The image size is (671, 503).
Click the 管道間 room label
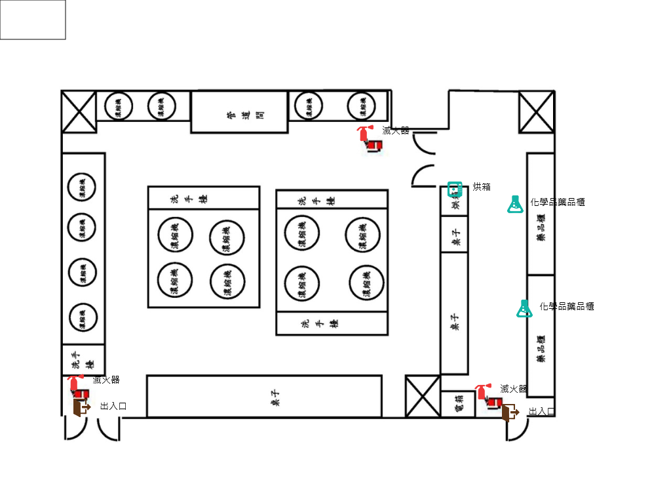tap(239, 112)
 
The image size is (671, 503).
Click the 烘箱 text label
tap(482, 187)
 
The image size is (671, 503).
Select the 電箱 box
tap(459, 404)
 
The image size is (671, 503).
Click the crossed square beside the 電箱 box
tap(423, 396)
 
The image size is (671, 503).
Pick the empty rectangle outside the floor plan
tap(33, 20)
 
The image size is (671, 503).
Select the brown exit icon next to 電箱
tap(510, 412)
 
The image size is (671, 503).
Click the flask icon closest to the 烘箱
tap(515, 205)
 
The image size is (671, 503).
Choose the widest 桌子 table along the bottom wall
tap(263, 396)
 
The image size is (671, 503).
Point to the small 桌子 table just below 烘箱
tap(454, 234)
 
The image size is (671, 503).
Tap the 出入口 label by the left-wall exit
tap(113, 407)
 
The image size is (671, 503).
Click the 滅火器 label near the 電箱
tap(514, 389)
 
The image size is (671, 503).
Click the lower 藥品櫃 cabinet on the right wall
tap(541, 336)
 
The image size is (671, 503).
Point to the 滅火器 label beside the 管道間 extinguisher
tap(396, 131)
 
